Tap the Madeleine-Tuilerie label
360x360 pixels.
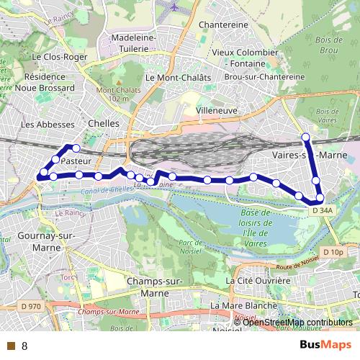tap(132, 42)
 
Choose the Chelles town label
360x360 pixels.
tap(102, 123)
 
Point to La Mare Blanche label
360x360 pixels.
tap(243, 305)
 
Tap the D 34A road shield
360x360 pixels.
tap(321, 210)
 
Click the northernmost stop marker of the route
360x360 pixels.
tap(305, 137)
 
